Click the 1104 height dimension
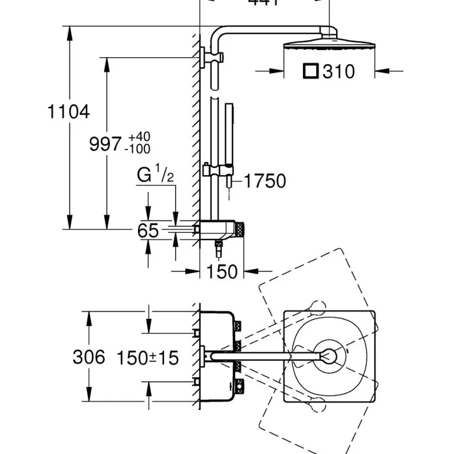(x=68, y=111)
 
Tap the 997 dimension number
(x=106, y=143)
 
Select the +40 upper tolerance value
(x=139, y=137)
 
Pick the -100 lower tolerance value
(x=138, y=149)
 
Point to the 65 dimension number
(x=148, y=231)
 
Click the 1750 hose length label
(x=265, y=181)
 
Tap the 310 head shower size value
(x=339, y=71)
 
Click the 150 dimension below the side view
(x=222, y=272)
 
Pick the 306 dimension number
(x=88, y=357)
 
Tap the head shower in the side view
(x=328, y=46)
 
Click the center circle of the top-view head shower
(x=328, y=356)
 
